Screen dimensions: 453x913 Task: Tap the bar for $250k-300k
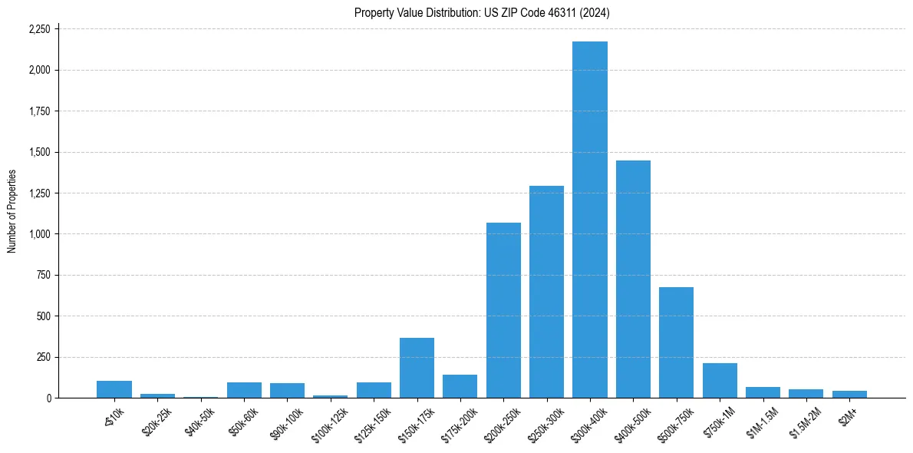click(546, 292)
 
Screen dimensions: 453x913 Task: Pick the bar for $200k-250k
click(503, 310)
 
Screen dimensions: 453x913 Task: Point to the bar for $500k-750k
click(676, 342)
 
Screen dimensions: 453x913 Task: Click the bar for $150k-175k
click(417, 368)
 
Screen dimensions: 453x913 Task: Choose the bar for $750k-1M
click(720, 380)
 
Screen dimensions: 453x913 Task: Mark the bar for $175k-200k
click(460, 386)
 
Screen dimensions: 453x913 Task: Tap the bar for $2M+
click(849, 394)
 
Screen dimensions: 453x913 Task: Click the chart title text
click(482, 13)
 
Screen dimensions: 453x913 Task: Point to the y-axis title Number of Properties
click(12, 211)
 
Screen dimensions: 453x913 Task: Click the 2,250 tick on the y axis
click(38, 29)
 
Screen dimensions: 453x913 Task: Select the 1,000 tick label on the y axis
click(38, 234)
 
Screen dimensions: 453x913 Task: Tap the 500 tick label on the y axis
click(43, 316)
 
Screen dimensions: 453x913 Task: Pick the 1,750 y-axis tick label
click(38, 111)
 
